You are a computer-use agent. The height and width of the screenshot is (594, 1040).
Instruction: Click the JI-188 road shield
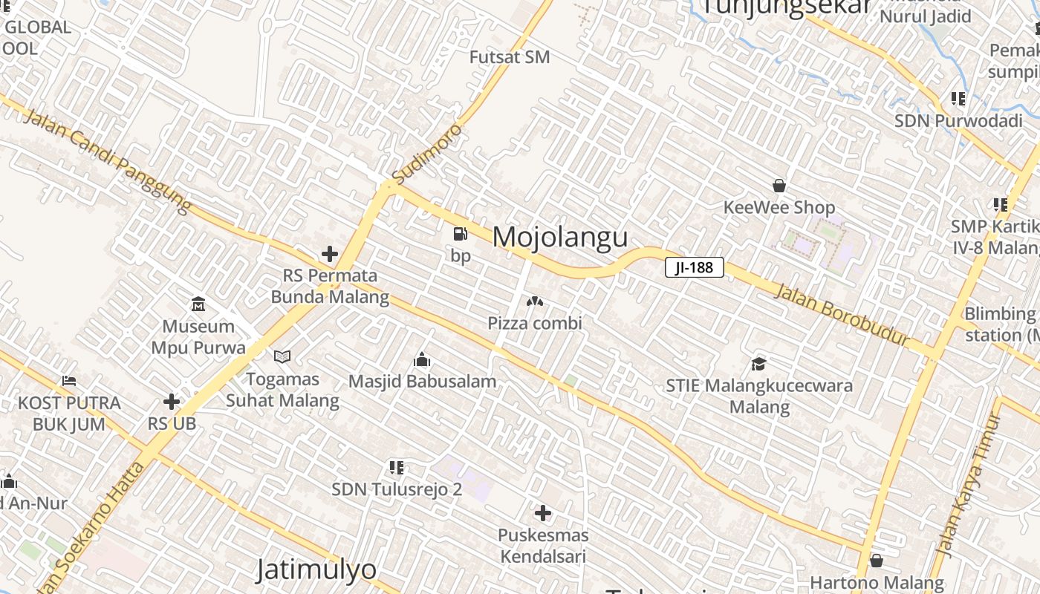tap(694, 267)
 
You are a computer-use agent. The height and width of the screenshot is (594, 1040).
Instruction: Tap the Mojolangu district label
tap(560, 237)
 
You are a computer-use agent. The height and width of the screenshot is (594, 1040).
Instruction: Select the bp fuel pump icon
tap(461, 235)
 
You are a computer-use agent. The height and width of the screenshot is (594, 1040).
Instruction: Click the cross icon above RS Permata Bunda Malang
tap(330, 254)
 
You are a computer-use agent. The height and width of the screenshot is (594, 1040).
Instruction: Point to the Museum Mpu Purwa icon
tap(198, 304)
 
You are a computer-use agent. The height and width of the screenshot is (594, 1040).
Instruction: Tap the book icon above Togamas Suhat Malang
tap(282, 357)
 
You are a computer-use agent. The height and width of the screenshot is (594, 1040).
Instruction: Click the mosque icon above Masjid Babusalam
tap(422, 360)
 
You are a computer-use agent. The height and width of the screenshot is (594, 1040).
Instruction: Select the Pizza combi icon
tap(534, 301)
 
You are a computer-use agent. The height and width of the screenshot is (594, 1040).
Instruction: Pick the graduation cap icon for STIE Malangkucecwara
tap(758, 364)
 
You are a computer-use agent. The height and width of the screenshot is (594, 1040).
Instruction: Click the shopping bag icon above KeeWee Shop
tap(779, 186)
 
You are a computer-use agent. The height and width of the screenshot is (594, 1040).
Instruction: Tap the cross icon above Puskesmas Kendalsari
tap(543, 513)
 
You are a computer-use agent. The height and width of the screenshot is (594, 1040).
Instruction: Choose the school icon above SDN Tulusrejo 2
tap(397, 468)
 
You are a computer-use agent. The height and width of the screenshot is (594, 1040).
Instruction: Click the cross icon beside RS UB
tap(172, 402)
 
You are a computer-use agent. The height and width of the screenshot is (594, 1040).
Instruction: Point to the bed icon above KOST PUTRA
tap(69, 381)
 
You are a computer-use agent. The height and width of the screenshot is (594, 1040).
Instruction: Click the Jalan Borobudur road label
tap(842, 313)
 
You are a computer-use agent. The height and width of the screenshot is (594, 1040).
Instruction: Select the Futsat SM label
tap(510, 57)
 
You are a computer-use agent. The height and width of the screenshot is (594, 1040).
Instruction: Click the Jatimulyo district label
tap(316, 569)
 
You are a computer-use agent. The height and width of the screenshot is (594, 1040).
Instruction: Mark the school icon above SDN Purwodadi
tap(958, 99)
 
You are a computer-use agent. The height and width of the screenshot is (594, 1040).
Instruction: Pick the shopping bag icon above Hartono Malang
tap(877, 561)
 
